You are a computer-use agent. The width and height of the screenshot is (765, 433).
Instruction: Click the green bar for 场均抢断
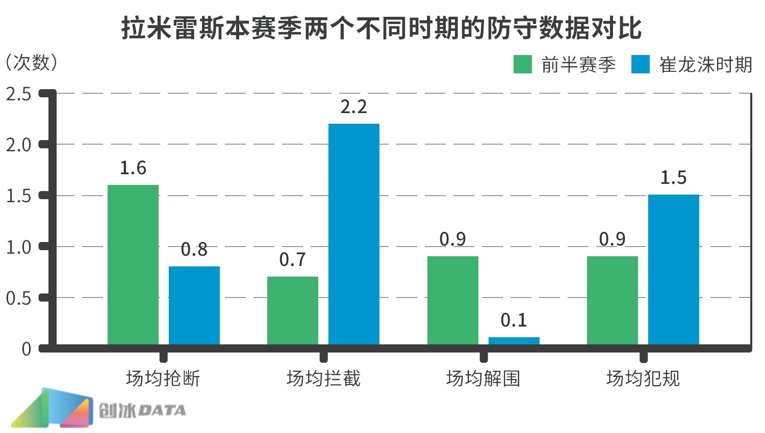tap(133, 265)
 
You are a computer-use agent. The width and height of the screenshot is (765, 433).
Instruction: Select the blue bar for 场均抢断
tap(194, 306)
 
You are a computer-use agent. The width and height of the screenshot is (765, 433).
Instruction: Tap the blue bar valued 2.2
tap(354, 234)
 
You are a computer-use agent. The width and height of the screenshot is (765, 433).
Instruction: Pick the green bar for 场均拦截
tap(293, 311)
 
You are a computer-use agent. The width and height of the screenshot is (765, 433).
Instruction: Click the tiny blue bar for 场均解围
tap(514, 341)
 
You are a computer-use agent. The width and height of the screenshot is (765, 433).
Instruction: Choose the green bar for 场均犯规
tap(613, 301)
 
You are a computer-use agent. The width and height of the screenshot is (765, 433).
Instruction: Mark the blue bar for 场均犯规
tap(674, 270)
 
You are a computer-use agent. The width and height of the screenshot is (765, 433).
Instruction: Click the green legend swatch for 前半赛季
tap(523, 65)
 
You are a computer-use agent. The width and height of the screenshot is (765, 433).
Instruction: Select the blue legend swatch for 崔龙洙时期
tap(640, 65)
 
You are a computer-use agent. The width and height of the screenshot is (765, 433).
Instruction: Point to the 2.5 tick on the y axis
tap(19, 94)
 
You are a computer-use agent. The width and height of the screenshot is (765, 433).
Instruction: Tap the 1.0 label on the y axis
tap(19, 248)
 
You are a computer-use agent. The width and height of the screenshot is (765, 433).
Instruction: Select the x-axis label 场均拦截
tap(323, 378)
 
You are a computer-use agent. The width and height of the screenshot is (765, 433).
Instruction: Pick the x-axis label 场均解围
tap(483, 378)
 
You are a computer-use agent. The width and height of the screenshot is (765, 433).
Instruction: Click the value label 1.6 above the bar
tap(133, 168)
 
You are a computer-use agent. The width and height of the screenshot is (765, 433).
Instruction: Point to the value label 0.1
tap(514, 320)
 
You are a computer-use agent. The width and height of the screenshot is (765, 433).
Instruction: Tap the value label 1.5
tap(674, 178)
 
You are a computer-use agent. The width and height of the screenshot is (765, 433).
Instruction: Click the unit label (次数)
tap(32, 63)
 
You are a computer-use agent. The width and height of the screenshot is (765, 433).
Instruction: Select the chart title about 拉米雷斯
tap(381, 28)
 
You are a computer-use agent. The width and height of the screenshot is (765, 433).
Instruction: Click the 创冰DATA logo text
tap(142, 411)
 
